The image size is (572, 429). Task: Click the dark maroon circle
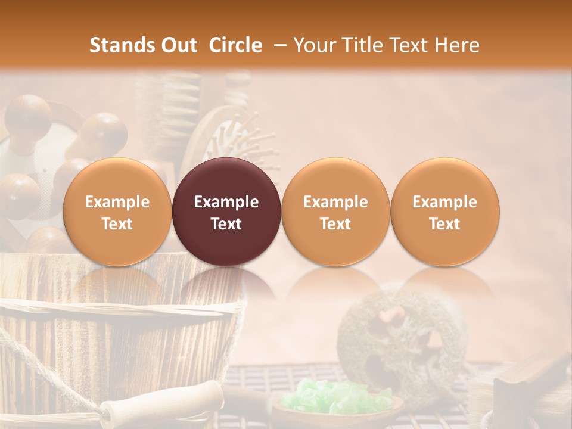[226, 212]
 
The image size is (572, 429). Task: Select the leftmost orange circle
[117, 212]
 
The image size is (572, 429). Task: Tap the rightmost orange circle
[444, 212]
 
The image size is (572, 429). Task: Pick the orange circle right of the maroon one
[335, 212]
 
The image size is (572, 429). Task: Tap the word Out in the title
[177, 45]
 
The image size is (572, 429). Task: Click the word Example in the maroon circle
[226, 202]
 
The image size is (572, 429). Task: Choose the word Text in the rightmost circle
[444, 224]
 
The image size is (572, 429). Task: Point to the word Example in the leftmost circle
[117, 202]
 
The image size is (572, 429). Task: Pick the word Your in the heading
[312, 45]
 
